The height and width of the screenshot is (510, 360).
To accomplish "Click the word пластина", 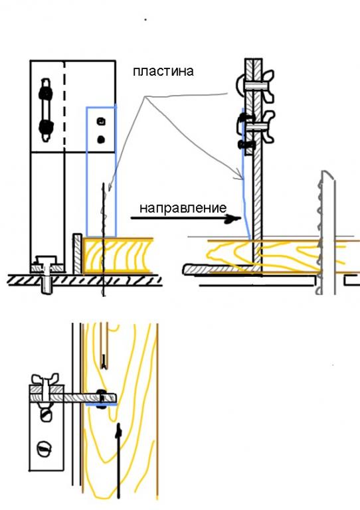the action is tap(163, 71).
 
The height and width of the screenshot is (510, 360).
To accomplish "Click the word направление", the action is tap(183, 208).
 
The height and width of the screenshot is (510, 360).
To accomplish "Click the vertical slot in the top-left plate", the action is tap(46, 110).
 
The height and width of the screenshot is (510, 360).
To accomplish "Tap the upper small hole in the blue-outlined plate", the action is tap(101, 122).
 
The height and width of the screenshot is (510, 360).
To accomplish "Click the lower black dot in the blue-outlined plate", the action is tap(101, 139).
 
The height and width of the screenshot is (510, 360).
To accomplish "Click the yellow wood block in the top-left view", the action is tap(118, 256).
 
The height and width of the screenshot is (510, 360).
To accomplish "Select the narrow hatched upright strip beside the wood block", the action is tap(78, 254).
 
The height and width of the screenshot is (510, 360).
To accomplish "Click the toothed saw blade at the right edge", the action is tap(326, 232).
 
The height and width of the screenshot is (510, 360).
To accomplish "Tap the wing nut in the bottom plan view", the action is tap(45, 379).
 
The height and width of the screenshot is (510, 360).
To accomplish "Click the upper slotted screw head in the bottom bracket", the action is tap(46, 414).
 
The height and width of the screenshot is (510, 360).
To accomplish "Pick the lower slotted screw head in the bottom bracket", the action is tap(45, 449).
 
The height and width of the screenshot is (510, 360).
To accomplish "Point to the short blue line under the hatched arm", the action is tap(102, 405).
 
